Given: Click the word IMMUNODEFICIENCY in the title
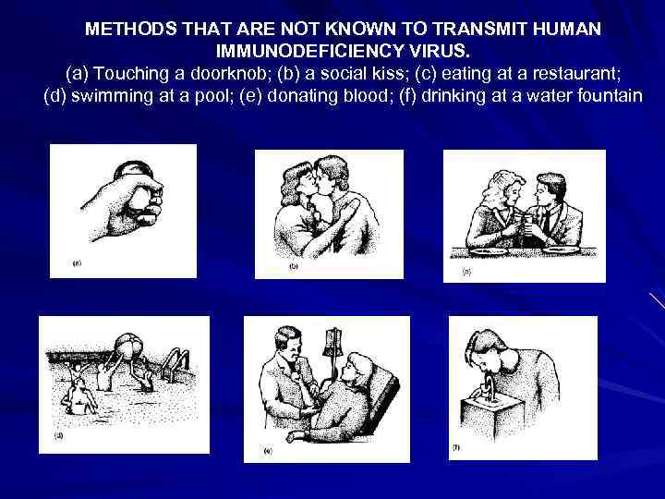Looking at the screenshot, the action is [309, 51].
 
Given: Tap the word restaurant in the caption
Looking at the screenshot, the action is [576, 73].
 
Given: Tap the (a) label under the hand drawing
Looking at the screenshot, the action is [77, 263].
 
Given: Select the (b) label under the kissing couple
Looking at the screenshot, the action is [293, 266].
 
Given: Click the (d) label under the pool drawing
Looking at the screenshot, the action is [59, 435].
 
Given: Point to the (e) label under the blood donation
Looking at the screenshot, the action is [268, 451].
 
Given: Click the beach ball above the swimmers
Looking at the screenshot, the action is [130, 346].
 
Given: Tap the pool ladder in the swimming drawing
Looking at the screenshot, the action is [174, 364].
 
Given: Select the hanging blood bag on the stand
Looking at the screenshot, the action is [332, 343].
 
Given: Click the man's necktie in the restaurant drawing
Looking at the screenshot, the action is [546, 221].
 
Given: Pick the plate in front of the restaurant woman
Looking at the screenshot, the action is [489, 251].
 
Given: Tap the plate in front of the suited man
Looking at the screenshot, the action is [561, 250].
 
